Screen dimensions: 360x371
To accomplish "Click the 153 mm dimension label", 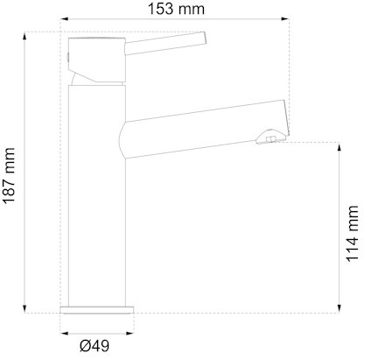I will point(176,10).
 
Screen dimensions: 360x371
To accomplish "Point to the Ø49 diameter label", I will point(94,346).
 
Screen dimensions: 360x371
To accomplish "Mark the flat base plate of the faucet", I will point(97,309).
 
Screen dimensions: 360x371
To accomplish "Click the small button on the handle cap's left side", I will point(67,57).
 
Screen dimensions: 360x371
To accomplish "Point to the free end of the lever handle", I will point(203,37).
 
